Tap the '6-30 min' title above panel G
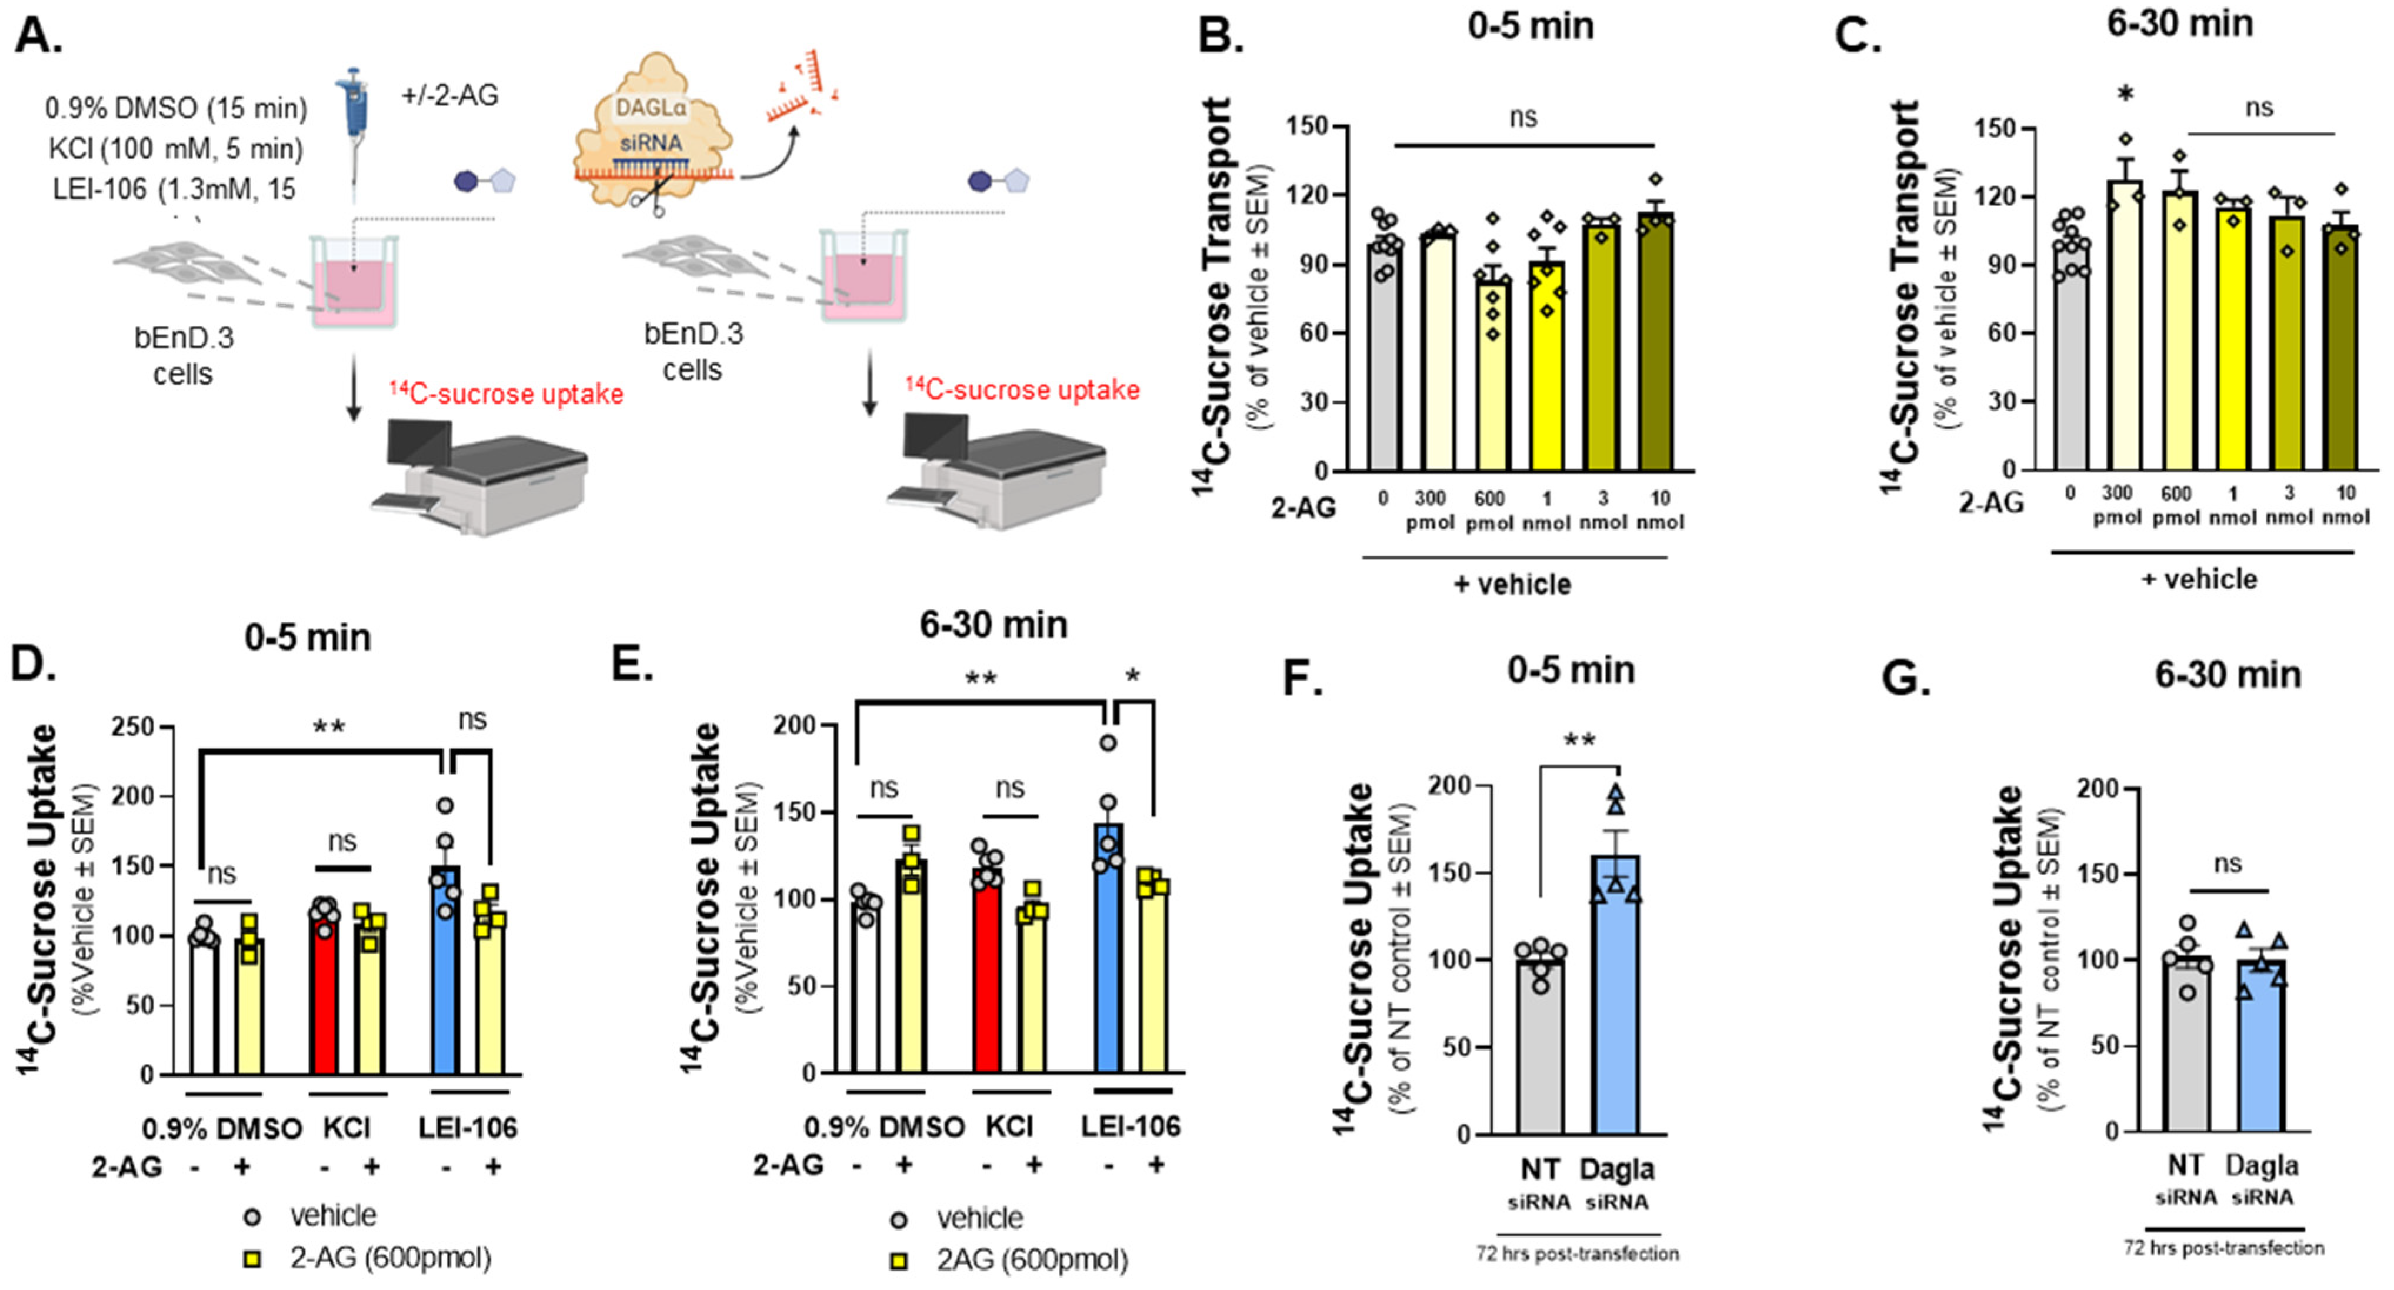tap(2228, 675)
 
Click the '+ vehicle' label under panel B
tap(1512, 585)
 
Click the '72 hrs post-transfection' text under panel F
tap(1577, 1254)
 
